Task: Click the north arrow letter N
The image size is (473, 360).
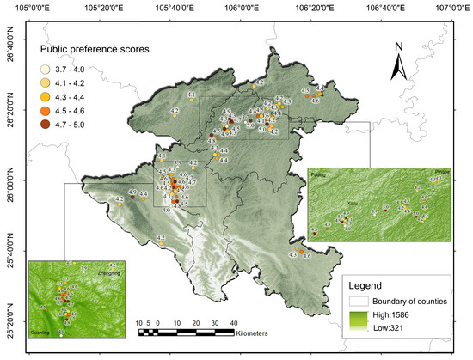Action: pos(398,46)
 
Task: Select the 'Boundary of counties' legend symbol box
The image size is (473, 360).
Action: pos(358,302)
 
